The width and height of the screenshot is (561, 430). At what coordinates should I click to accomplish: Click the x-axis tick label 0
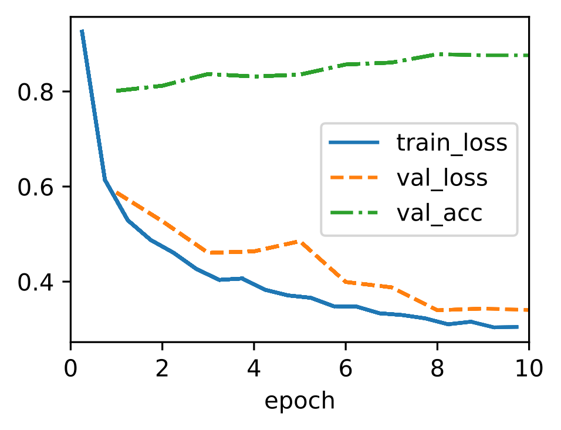70,368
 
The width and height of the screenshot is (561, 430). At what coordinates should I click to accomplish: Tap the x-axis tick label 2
162,368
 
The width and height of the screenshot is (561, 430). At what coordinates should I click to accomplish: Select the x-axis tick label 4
254,368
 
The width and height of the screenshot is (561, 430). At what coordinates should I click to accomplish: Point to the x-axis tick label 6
346,368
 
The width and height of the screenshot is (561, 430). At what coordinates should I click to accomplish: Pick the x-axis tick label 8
437,368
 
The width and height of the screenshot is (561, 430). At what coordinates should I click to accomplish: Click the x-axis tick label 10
529,368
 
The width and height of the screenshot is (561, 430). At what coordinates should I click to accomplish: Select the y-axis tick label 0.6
35,187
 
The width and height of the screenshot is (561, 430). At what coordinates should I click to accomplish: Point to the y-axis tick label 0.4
35,282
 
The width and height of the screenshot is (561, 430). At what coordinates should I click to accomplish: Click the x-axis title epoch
299,401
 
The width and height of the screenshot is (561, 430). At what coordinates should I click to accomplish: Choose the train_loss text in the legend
452,143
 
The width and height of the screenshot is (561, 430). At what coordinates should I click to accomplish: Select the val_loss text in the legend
442,178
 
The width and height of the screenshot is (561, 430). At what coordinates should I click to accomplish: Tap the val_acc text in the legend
440,213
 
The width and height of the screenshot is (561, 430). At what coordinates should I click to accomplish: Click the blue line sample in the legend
354,143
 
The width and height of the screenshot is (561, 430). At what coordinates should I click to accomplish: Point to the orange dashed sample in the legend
354,177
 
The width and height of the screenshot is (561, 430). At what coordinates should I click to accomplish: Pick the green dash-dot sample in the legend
354,212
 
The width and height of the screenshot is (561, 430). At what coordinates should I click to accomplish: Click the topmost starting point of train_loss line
82,31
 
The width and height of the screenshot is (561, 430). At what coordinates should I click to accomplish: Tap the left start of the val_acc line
117,91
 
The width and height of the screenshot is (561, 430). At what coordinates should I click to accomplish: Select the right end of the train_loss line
518,327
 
